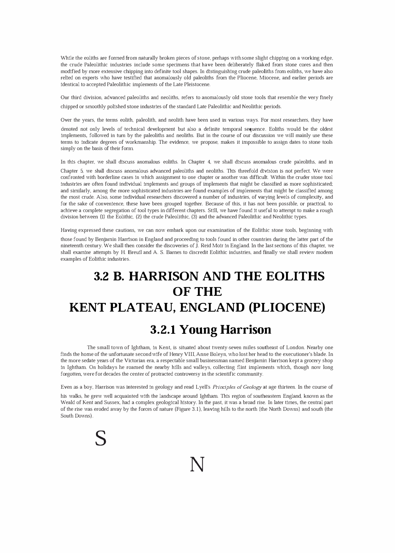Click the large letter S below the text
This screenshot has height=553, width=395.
(101, 438)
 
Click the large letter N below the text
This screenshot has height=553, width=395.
(197, 465)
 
